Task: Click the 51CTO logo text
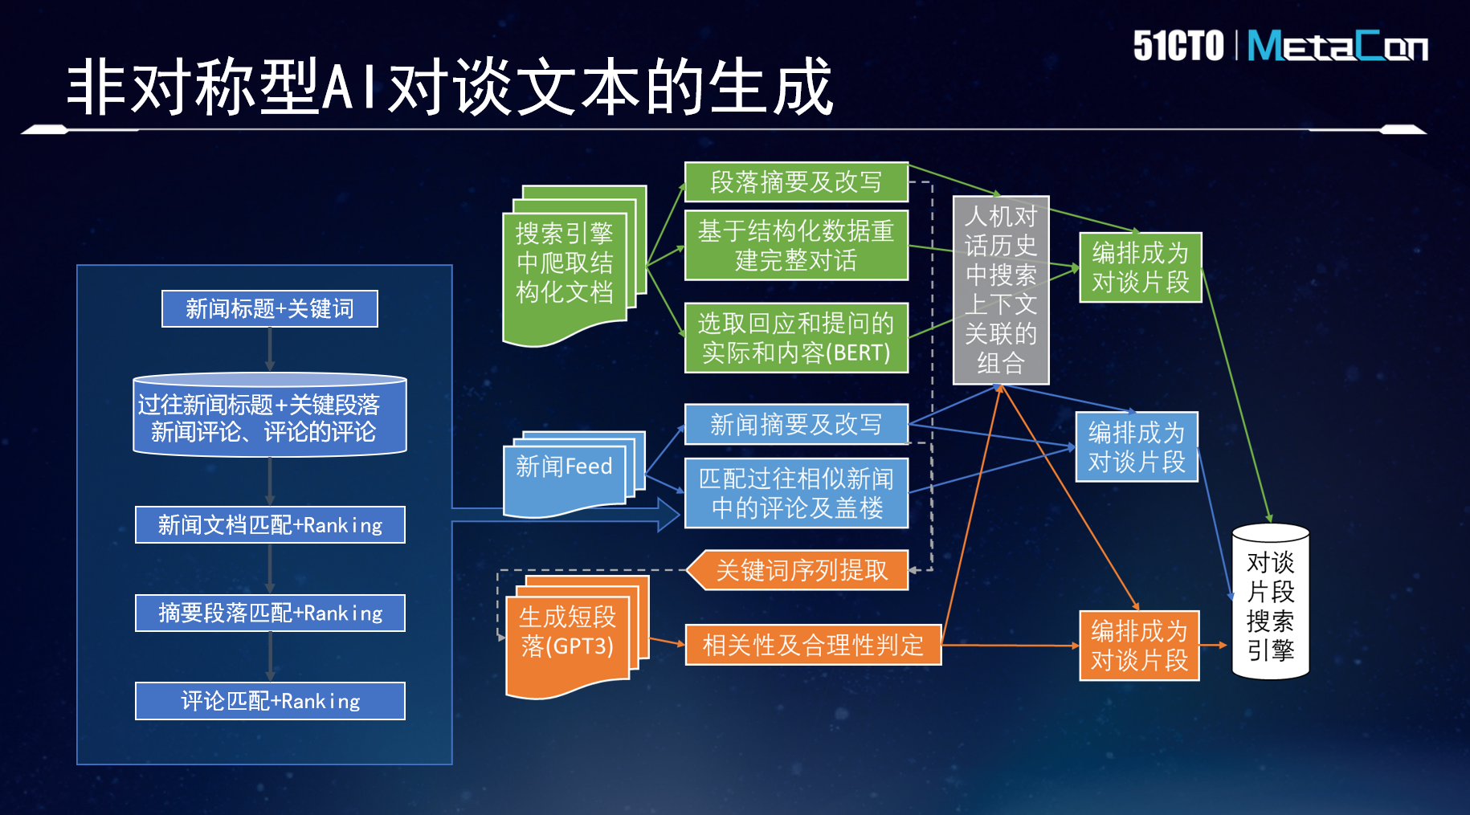(1178, 46)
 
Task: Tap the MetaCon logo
(1337, 46)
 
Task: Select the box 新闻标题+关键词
(270, 308)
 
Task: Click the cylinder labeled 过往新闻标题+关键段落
(270, 414)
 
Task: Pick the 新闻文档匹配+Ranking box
(270, 524)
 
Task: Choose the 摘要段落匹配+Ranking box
(270, 613)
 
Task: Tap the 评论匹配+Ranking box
(270, 701)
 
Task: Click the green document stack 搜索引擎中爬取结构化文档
(574, 266)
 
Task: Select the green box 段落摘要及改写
(796, 182)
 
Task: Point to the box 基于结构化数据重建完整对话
(796, 245)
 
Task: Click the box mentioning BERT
(796, 337)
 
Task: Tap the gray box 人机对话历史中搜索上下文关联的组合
(1001, 290)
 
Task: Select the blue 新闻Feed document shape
(574, 474)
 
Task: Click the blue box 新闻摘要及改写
(796, 424)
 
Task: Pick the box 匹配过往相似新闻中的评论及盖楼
(796, 493)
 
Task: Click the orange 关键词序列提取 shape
(798, 570)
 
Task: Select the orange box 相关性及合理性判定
(813, 645)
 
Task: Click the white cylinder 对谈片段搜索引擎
(1271, 601)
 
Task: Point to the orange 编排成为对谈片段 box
(1139, 646)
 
